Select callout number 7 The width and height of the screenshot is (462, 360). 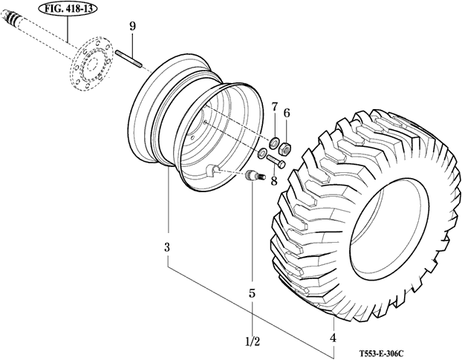pos(273,109)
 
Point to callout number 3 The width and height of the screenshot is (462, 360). pos(167,246)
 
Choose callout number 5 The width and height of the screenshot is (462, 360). pos(252,293)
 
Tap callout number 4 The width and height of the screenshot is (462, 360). pos(333,338)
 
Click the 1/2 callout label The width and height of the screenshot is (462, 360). pos(252,342)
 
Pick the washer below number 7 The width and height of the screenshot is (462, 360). pos(273,141)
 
